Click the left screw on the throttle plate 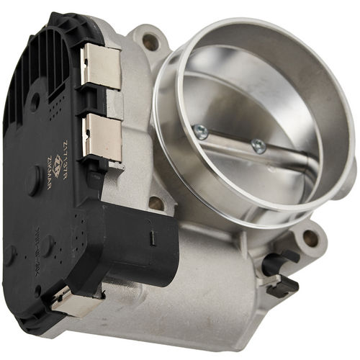200,131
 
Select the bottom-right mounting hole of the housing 310,238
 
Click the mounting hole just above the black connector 156,204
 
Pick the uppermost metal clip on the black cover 100,66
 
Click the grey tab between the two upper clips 114,104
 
